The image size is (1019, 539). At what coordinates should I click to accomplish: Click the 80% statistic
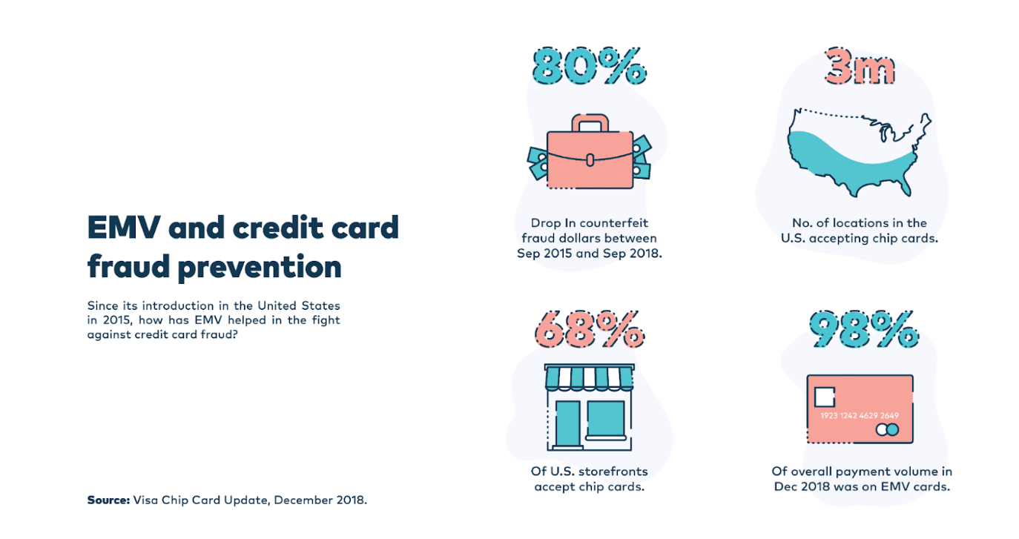coord(589,67)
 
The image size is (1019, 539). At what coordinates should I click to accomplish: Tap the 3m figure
coord(860,67)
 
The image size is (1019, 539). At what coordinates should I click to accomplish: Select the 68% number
coord(589,329)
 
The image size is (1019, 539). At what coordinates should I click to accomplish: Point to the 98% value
coord(863,329)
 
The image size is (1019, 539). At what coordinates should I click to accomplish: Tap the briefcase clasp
coord(590,160)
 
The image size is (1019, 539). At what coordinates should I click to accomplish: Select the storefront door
coord(568,423)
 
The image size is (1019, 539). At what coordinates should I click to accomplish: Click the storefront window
coord(605,419)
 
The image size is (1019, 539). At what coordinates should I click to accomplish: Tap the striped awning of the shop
coord(589,377)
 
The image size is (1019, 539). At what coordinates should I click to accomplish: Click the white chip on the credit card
coord(824,397)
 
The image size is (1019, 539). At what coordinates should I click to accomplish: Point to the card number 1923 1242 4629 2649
coord(860,415)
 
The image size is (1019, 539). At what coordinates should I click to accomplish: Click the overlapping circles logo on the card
coord(888,430)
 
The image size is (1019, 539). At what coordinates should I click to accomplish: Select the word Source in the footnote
coord(108,500)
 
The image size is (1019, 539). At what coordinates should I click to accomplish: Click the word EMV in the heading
coord(124,228)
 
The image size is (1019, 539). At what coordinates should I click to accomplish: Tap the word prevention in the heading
coord(260,267)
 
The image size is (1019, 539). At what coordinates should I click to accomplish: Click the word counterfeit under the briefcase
coord(613,223)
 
